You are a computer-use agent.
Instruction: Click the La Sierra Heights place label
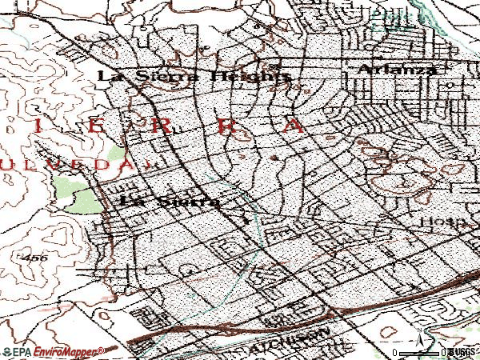[x=193, y=76]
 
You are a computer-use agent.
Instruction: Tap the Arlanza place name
[x=398, y=70]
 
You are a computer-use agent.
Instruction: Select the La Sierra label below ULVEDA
[x=169, y=202]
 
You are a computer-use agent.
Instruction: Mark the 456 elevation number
[x=35, y=258]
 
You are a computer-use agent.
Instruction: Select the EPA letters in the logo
[x=17, y=351]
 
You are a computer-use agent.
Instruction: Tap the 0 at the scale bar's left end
[x=394, y=352]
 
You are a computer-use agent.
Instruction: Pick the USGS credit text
[x=462, y=352]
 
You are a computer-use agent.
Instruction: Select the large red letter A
[x=296, y=126]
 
